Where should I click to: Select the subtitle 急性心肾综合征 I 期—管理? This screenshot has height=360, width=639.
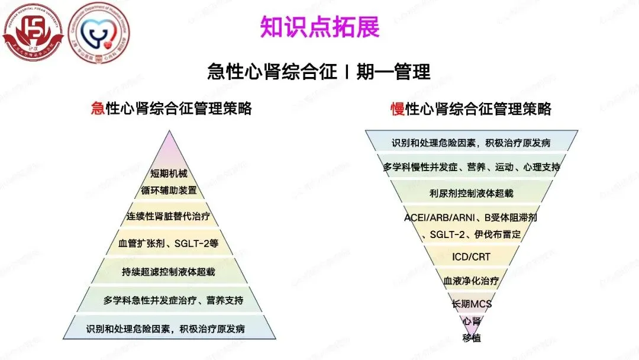tap(319, 72)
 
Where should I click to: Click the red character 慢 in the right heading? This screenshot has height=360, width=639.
tap(397, 109)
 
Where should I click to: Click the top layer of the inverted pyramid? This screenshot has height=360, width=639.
tap(471, 143)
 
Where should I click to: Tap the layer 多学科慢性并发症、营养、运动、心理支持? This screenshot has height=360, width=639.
tap(471, 167)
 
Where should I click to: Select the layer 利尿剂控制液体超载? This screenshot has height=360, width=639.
tap(471, 193)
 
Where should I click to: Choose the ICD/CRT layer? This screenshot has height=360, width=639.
tap(471, 256)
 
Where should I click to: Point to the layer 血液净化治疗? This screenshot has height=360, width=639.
tap(471, 280)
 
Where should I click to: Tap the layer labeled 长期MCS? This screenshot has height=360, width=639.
tap(471, 304)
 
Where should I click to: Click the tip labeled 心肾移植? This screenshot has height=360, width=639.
tap(471, 329)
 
